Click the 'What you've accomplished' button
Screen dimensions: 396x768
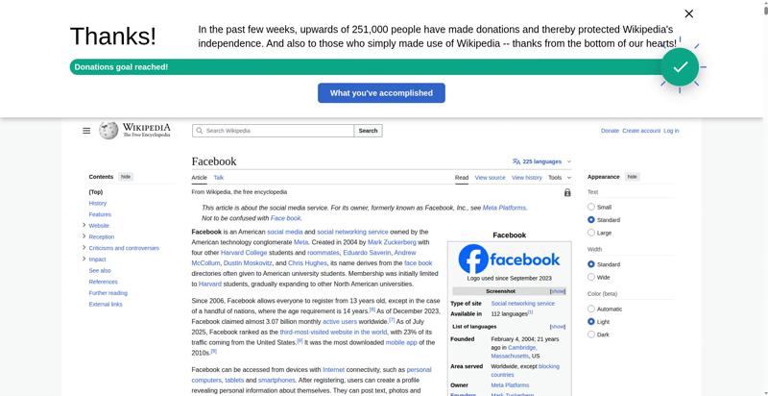click(381, 93)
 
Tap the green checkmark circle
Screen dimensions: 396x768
click(680, 67)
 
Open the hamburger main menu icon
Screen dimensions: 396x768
click(86, 131)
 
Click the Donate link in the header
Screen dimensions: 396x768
click(610, 131)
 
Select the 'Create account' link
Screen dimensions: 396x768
click(641, 131)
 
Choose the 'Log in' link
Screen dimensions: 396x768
click(671, 131)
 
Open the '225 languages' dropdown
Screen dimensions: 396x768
click(542, 161)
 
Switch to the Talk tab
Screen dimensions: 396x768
click(219, 178)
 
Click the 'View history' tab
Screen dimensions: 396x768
click(527, 178)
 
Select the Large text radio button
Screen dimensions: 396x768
click(591, 233)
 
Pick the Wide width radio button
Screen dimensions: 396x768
click(591, 277)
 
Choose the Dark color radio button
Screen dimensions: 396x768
click(591, 334)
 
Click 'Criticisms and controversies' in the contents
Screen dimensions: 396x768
click(124, 248)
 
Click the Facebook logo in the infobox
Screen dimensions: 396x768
click(509, 260)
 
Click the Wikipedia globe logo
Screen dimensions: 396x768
click(108, 131)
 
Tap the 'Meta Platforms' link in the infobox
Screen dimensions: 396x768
click(511, 385)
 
